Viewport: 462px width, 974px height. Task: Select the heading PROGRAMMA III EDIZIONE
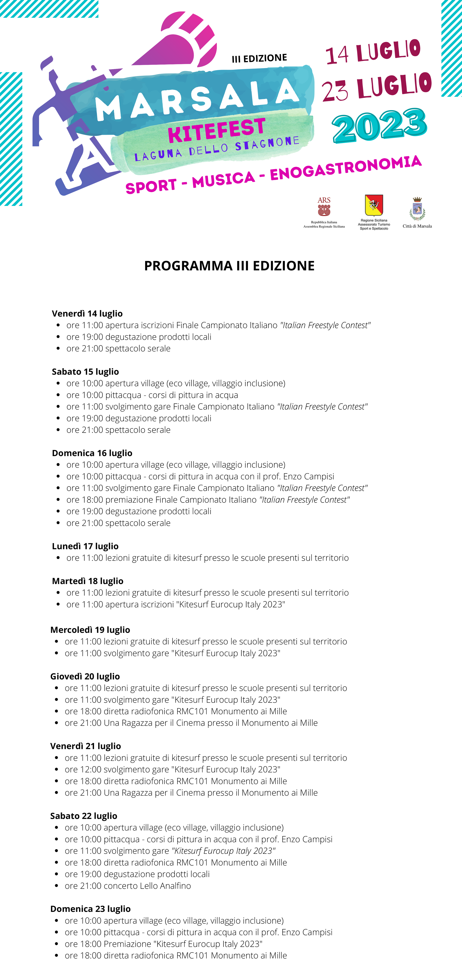tap(229, 266)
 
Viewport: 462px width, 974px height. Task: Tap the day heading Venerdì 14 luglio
tap(87, 314)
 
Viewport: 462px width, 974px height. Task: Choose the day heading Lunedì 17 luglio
tap(85, 546)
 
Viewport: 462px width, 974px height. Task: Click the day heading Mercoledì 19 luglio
tap(90, 630)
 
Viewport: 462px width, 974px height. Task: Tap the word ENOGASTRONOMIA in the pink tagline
tap(345, 168)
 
